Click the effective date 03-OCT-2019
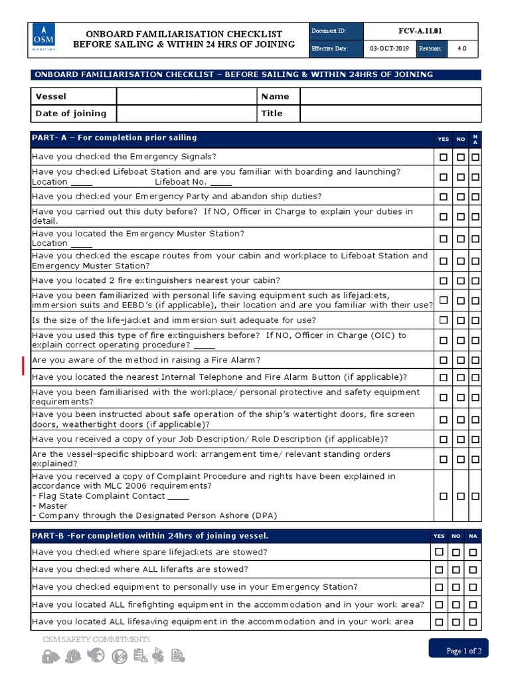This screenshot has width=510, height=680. pos(390,49)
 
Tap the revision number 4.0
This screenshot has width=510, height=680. pos(462,49)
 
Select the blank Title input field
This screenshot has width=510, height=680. pos(390,114)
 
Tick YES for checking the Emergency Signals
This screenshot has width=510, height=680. pos(443,157)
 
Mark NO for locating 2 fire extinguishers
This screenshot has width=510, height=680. pos(460,281)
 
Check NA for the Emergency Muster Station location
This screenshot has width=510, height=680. pos(475,238)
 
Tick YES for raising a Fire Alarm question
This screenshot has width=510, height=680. pos(443,361)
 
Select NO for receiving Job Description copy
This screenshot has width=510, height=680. pos(460,440)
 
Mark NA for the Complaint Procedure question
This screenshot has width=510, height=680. pos(475,496)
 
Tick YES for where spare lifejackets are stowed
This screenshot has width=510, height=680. pos(439,552)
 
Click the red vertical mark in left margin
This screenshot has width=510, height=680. pos(24,366)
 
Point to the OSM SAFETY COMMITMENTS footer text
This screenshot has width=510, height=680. pos(96,639)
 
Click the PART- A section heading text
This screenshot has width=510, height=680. pos(114,138)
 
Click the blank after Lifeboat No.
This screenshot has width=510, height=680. pos(222,182)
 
